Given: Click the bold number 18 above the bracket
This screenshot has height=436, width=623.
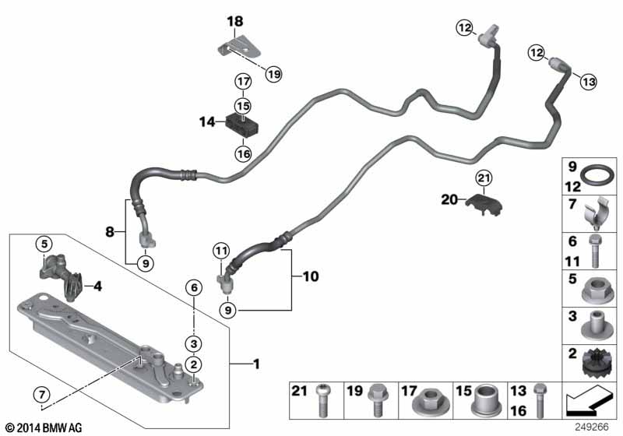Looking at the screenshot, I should click(235, 22).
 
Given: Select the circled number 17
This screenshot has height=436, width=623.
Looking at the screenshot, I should click(243, 80).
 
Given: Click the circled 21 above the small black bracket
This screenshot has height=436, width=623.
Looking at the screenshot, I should click(484, 178).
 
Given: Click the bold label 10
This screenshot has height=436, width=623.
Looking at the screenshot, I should click(311, 276).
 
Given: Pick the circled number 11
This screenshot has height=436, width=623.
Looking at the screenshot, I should click(222, 251).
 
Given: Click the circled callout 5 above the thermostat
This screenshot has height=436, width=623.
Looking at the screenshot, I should click(45, 244).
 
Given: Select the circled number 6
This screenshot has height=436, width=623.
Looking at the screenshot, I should click(192, 287).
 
